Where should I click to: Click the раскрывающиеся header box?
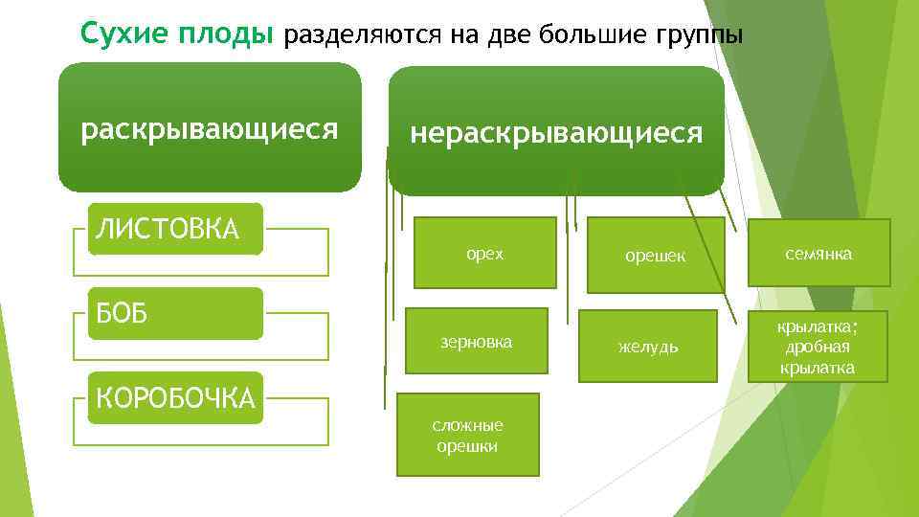pyautogui.click(x=210, y=128)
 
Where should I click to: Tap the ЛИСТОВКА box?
pyautogui.click(x=175, y=229)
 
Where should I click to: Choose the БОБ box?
pyautogui.click(x=175, y=313)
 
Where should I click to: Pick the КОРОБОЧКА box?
pyautogui.click(x=175, y=397)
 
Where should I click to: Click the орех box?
pyautogui.click(x=484, y=253)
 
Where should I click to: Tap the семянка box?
pyautogui.click(x=818, y=253)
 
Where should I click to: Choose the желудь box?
pyautogui.click(x=648, y=346)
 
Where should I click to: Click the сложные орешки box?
pyautogui.click(x=468, y=435)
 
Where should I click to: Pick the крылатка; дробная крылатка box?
pyautogui.click(x=818, y=348)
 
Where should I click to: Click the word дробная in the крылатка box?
pyautogui.click(x=818, y=348)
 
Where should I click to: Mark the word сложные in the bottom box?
pyautogui.click(x=468, y=425)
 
